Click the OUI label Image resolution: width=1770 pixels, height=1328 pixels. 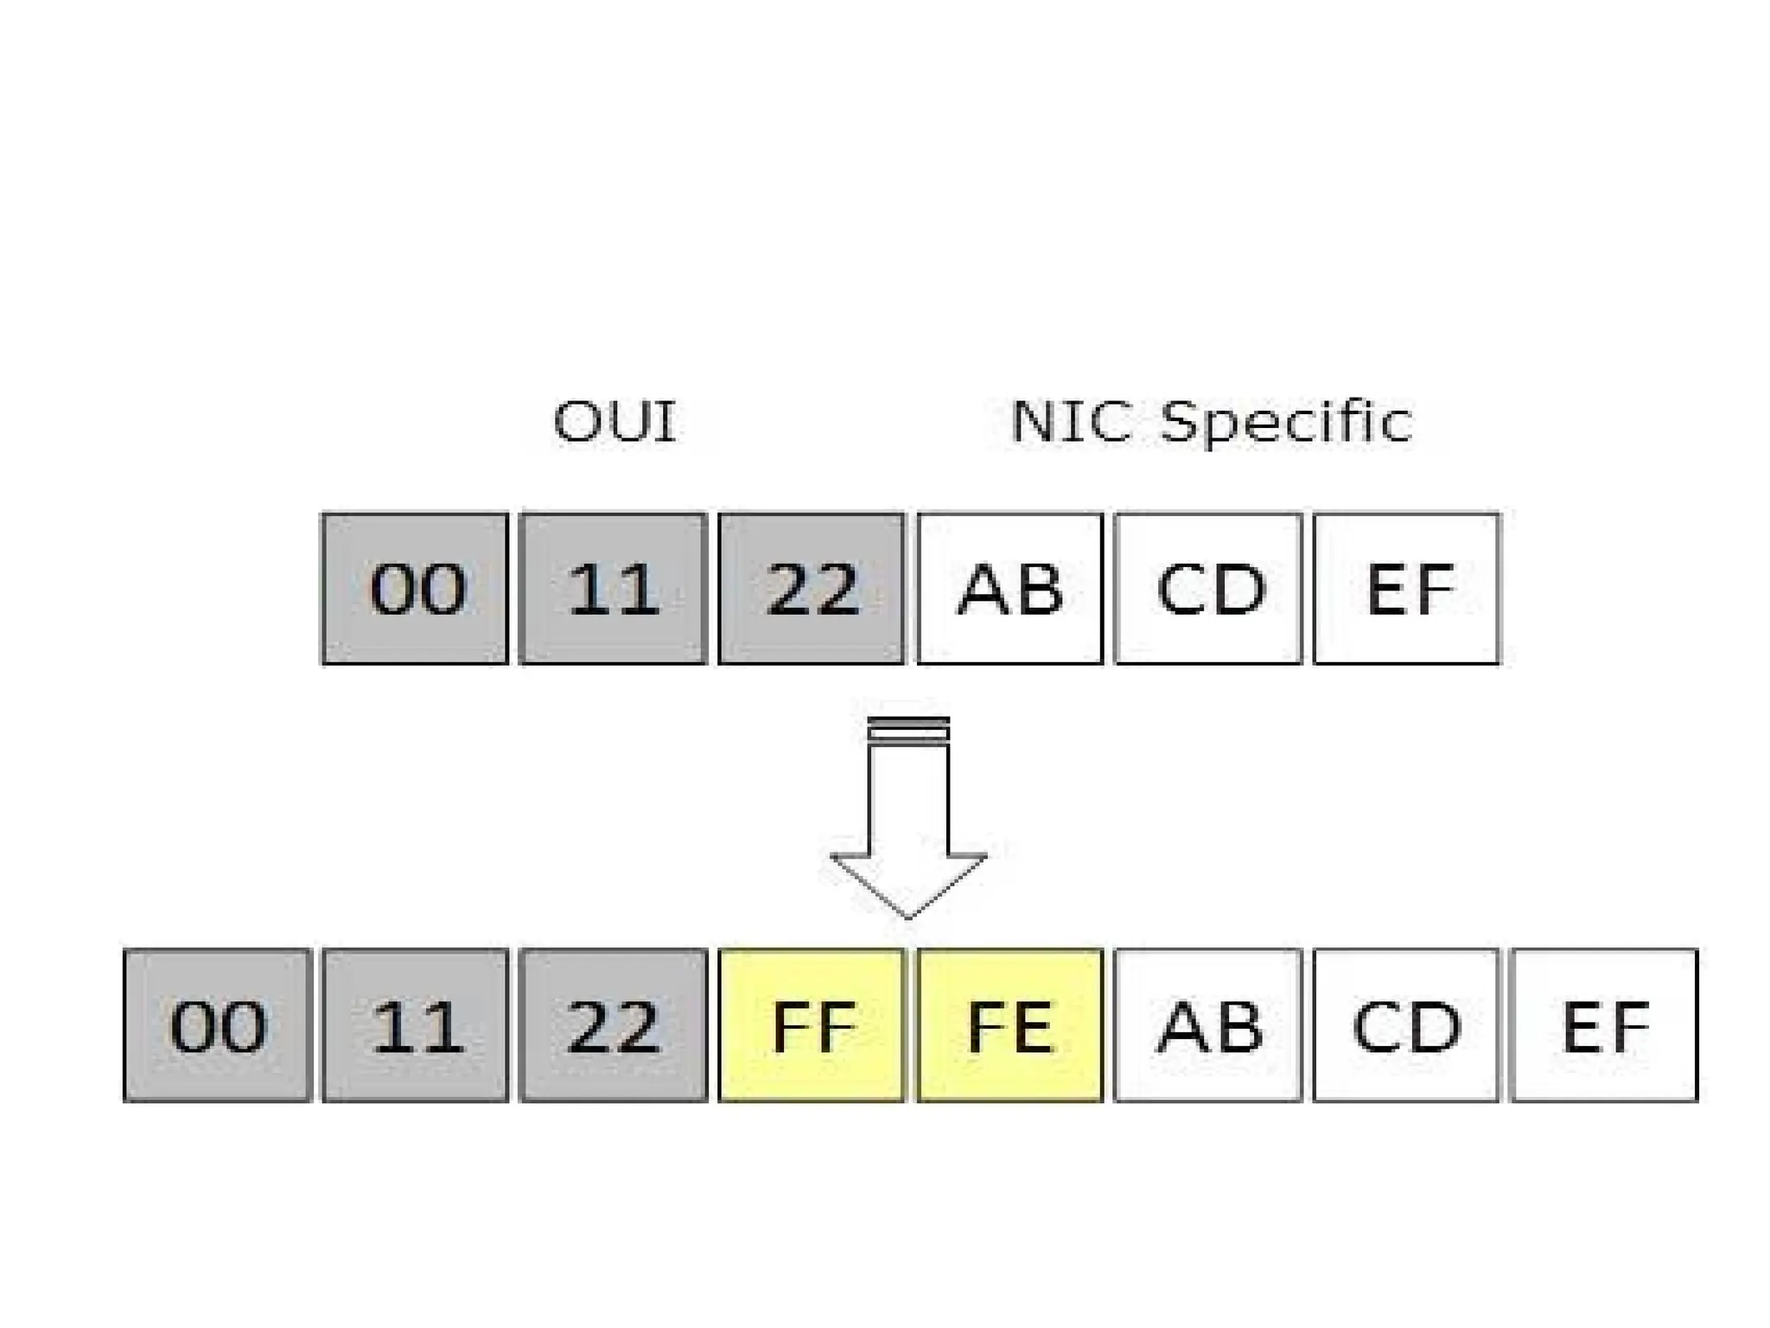point(614,422)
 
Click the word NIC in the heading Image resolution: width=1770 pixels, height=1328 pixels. point(1070,422)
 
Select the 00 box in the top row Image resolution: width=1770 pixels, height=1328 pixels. point(415,589)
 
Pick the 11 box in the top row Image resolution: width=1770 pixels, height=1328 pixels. point(613,589)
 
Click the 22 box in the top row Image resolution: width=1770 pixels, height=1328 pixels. point(811,589)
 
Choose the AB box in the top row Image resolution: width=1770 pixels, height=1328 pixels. point(1009,589)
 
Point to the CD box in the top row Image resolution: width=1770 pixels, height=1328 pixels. point(1208,589)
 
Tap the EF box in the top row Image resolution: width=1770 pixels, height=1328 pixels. point(1406,589)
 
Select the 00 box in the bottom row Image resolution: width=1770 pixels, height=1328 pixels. point(217,1025)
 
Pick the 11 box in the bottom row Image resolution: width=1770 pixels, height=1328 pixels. point(415,1025)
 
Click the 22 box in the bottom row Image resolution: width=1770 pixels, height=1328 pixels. point(613,1025)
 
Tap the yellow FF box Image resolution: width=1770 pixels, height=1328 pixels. point(811,1025)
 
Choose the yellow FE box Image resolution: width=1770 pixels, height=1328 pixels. point(1009,1025)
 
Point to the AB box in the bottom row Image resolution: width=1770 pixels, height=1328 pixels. point(1208,1025)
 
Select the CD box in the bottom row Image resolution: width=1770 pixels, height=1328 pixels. point(1405,1025)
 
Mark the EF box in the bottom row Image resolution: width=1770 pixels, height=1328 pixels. point(1604,1025)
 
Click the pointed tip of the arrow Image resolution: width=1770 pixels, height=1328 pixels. point(908,915)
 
